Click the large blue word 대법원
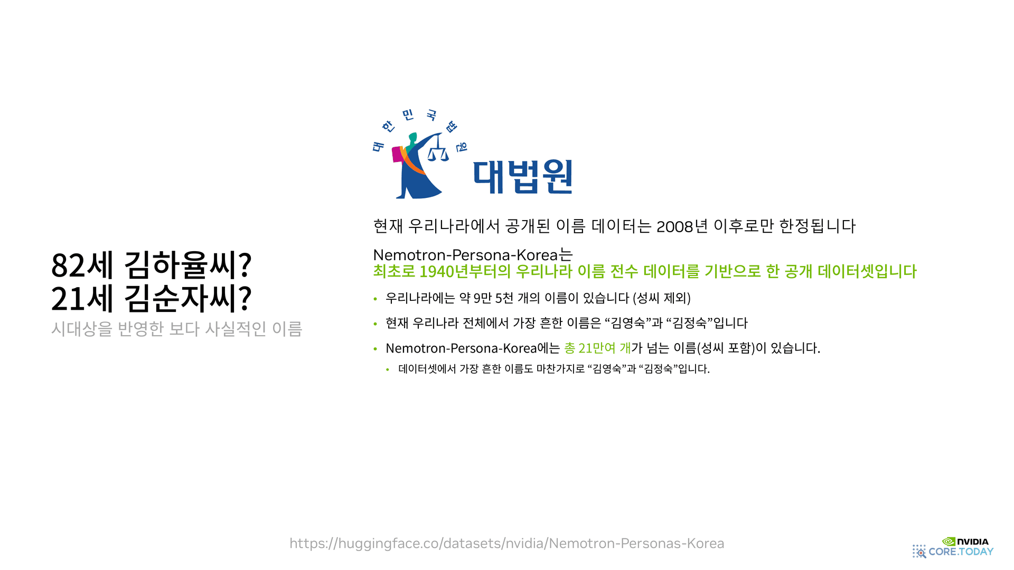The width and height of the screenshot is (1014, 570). coord(523,177)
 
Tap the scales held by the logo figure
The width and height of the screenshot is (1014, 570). coord(438,154)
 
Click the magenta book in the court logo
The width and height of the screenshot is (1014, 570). coord(397,155)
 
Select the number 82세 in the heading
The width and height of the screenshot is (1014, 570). coord(82,265)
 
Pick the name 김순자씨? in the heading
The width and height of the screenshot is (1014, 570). coord(188,299)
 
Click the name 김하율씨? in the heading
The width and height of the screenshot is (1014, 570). coord(188,265)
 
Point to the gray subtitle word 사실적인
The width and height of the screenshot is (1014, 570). coord(236,329)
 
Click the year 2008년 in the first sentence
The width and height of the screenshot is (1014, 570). coord(682,226)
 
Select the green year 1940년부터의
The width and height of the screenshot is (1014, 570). coord(465,271)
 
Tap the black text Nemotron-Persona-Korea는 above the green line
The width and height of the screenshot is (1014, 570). coord(473,255)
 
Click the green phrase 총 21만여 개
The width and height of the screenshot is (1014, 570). coord(597,348)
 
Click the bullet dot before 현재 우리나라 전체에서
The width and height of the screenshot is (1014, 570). coord(375,324)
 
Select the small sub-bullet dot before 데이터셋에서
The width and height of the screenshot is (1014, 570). coord(388,369)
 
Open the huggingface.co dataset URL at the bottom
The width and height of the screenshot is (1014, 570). coord(506,543)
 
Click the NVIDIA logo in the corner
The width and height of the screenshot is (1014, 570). coord(965,541)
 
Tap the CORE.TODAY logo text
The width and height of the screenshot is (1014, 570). coord(961,552)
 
